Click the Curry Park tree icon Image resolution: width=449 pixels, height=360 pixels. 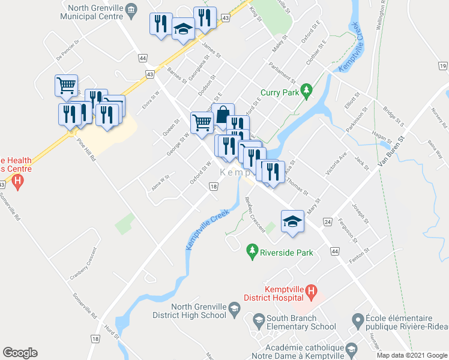tap(306, 91)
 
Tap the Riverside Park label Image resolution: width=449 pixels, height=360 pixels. tap(286, 253)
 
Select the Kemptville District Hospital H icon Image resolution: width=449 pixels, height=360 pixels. tap(310, 292)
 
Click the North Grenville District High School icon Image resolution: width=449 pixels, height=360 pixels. tap(234, 311)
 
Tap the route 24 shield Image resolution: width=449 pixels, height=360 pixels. tap(327, 222)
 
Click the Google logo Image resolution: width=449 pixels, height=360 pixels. tap(20, 353)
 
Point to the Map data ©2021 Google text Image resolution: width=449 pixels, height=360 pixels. tap(411, 355)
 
